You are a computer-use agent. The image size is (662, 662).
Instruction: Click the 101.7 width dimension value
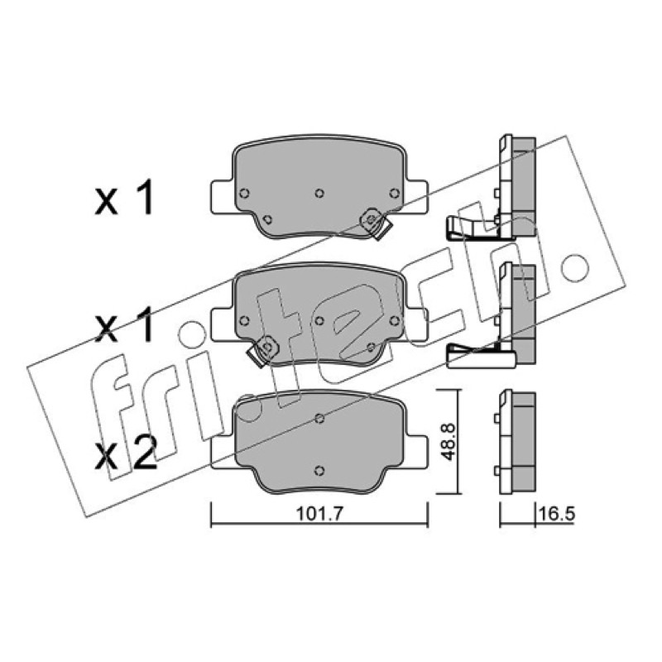(x=320, y=514)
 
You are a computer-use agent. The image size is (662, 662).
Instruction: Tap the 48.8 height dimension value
(x=447, y=442)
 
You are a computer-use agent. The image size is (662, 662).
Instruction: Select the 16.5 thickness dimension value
(x=556, y=514)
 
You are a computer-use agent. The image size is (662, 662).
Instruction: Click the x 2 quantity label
(x=126, y=453)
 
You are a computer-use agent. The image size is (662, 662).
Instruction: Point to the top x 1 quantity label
(x=123, y=197)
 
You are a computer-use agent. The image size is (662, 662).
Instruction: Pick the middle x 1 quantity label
(x=123, y=324)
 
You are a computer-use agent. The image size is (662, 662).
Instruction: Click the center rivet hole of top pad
(x=319, y=193)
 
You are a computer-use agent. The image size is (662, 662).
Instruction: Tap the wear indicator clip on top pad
(x=376, y=223)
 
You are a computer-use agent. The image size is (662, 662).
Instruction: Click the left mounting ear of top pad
(x=222, y=197)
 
